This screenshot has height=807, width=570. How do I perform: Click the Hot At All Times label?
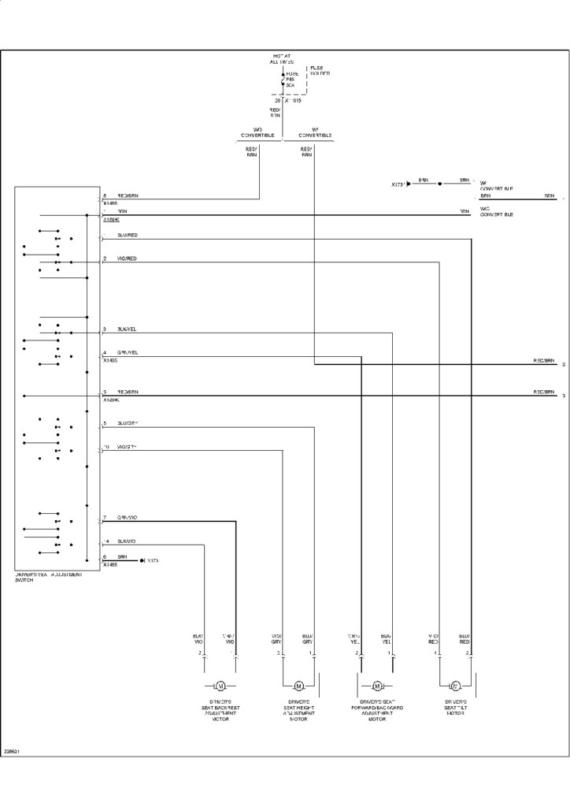pyautogui.click(x=283, y=59)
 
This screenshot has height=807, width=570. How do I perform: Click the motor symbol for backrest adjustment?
pyautogui.click(x=220, y=685)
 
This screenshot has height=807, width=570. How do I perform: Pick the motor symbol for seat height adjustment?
pyautogui.click(x=298, y=685)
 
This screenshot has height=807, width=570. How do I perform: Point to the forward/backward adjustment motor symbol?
pyautogui.click(x=377, y=685)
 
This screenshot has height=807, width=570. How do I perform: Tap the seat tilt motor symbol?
pyautogui.click(x=455, y=685)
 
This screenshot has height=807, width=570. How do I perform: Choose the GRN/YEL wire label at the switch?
pyautogui.click(x=128, y=352)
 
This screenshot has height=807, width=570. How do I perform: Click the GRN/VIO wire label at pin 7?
pyautogui.click(x=128, y=518)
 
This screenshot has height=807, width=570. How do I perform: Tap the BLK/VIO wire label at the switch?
pyautogui.click(x=127, y=541)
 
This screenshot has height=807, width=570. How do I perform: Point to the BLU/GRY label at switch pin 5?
pyautogui.click(x=128, y=423)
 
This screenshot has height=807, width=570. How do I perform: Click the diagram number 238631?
pyautogui.click(x=12, y=751)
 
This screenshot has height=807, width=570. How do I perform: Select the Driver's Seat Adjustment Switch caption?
pyautogui.click(x=49, y=578)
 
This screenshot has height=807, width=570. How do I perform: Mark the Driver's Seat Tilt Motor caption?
pyautogui.click(x=455, y=707)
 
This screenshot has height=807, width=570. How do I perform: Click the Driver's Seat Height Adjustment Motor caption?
pyautogui.click(x=298, y=710)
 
